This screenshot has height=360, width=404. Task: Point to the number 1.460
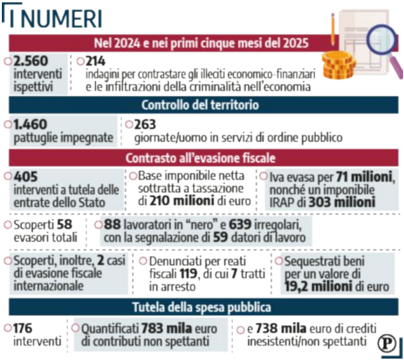pos(30,125)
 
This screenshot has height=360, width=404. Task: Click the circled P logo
pos(386,344)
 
